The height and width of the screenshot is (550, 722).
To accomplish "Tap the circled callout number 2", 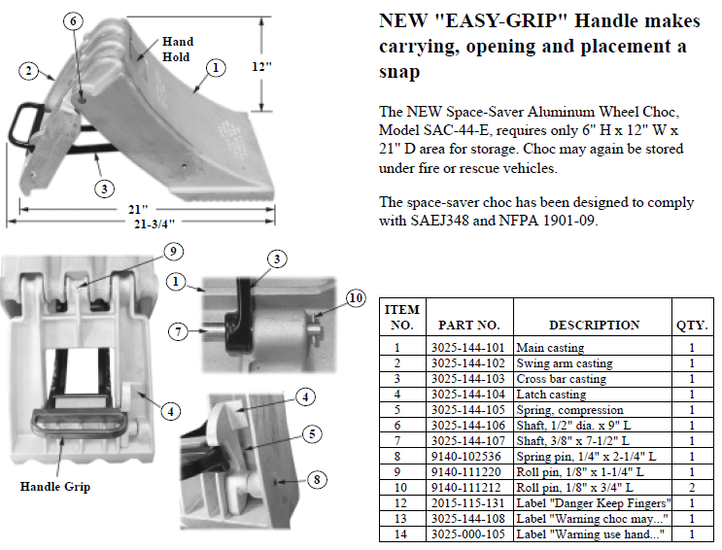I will coord(30,70).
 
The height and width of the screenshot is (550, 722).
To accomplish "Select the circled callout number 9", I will coord(171,252).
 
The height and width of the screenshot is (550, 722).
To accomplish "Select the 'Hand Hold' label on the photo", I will coord(178,49).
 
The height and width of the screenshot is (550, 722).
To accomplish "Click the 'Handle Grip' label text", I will coord(55,486).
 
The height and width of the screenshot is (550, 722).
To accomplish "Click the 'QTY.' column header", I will coord(691,325).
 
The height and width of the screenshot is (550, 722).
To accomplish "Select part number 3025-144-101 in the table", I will coord(468,348).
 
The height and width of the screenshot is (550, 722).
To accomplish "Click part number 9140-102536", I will coord(466,457).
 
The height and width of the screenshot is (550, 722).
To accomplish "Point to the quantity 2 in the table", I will coord(691,488).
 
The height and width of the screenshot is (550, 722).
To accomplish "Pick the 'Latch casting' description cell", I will coord(554,395).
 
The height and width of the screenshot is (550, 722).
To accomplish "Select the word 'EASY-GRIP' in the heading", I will coord(468,20).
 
